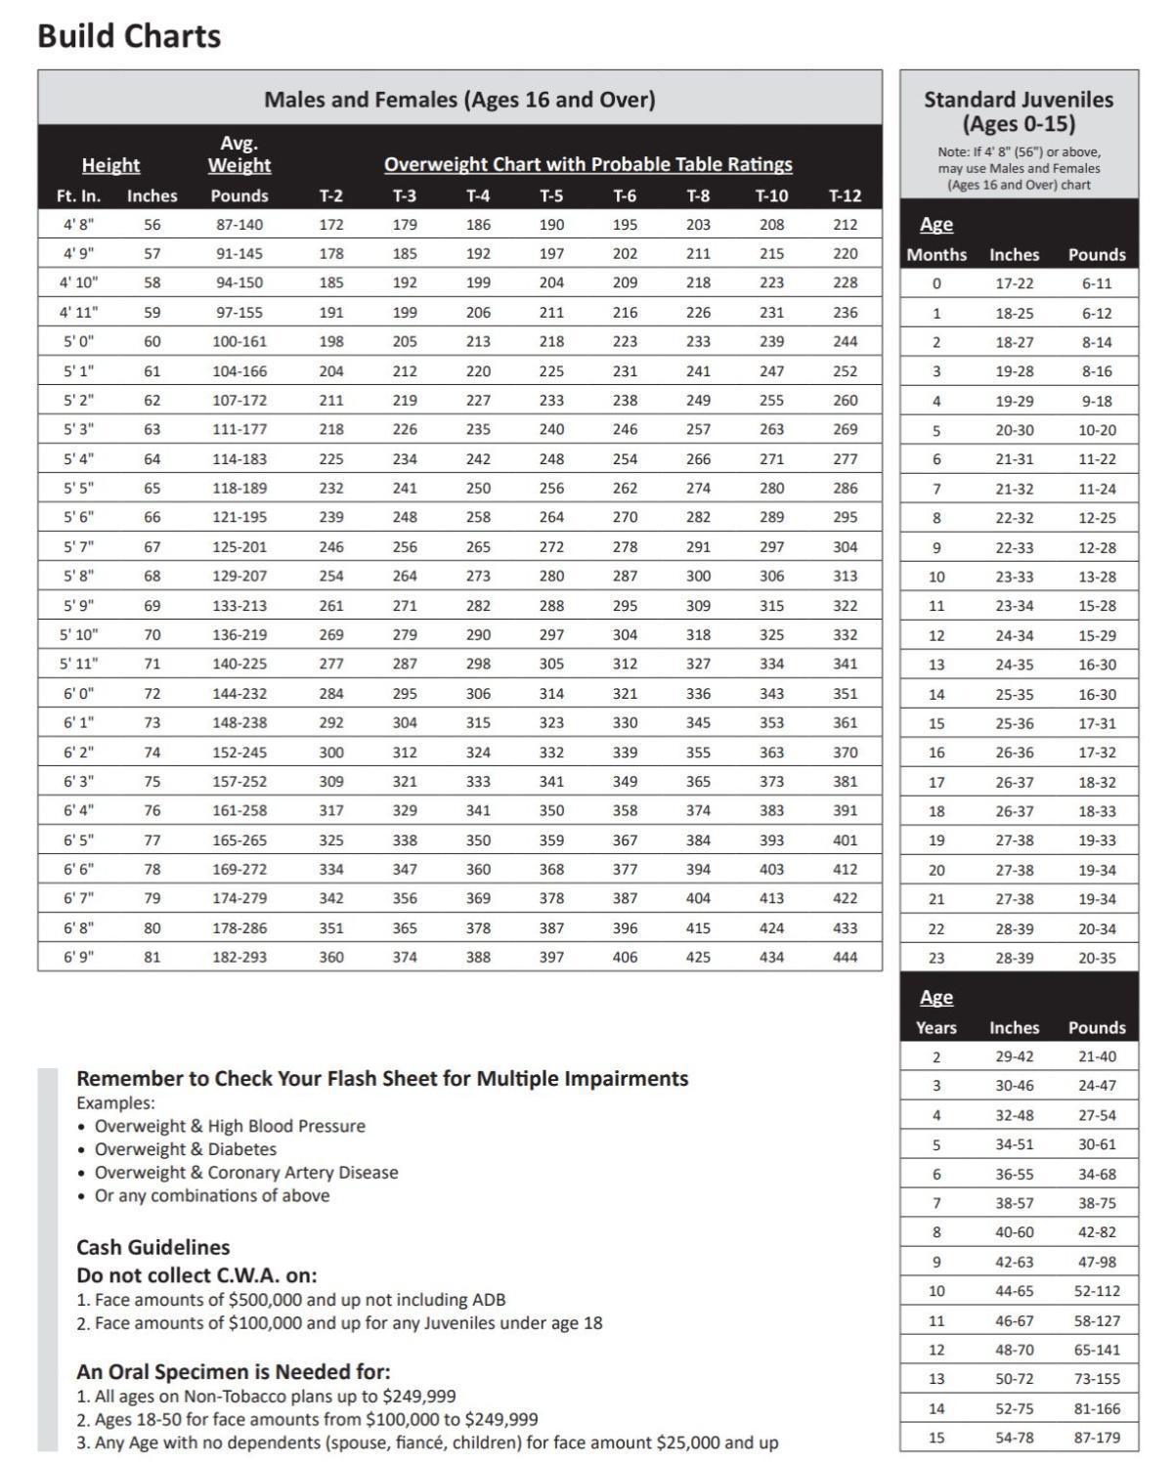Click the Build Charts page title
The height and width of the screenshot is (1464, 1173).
pos(129,36)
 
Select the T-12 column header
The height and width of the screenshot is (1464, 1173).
pos(845,195)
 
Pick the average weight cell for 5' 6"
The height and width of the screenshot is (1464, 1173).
pos(239,517)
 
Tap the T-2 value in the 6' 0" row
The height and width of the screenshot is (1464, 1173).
pos(331,693)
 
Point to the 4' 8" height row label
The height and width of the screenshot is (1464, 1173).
pos(78,224)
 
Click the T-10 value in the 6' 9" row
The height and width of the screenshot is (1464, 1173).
pos(771,957)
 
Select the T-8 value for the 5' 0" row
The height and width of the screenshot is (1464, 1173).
pos(698,341)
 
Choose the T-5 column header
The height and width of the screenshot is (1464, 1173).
pos(551,195)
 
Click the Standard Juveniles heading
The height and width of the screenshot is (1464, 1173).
pos(1019,111)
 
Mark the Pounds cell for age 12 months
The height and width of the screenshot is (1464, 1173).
pos(1097,635)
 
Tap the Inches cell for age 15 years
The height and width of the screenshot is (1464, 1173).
pos(1014,1438)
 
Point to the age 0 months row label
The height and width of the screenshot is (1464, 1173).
pos(936,283)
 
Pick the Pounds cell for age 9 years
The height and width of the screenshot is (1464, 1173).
pos(1097,1262)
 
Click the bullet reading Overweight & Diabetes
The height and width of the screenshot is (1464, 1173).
pos(185,1149)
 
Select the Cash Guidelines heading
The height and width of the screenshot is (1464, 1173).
pos(153,1247)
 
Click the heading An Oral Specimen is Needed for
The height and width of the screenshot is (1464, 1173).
pos(233,1371)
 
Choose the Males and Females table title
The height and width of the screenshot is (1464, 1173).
pos(459,100)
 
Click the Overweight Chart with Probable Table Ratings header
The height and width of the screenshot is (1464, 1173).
pos(587,164)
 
